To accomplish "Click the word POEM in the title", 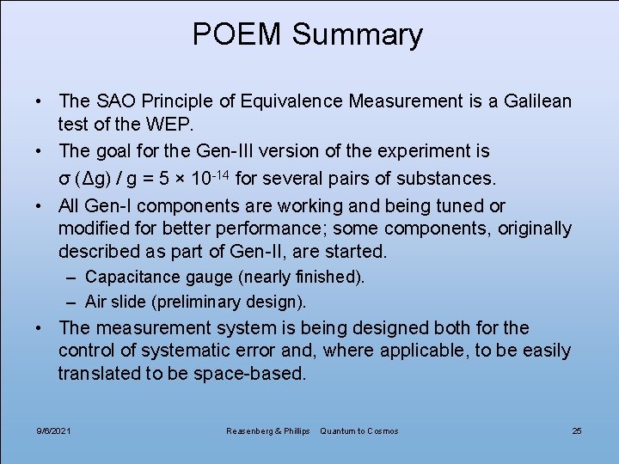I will click(236, 34).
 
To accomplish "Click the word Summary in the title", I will click(357, 34).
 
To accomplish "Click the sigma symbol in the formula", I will click(64, 180).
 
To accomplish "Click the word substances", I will click(447, 180).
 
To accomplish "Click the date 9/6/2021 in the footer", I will click(54, 430).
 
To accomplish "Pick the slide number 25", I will click(577, 430).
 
